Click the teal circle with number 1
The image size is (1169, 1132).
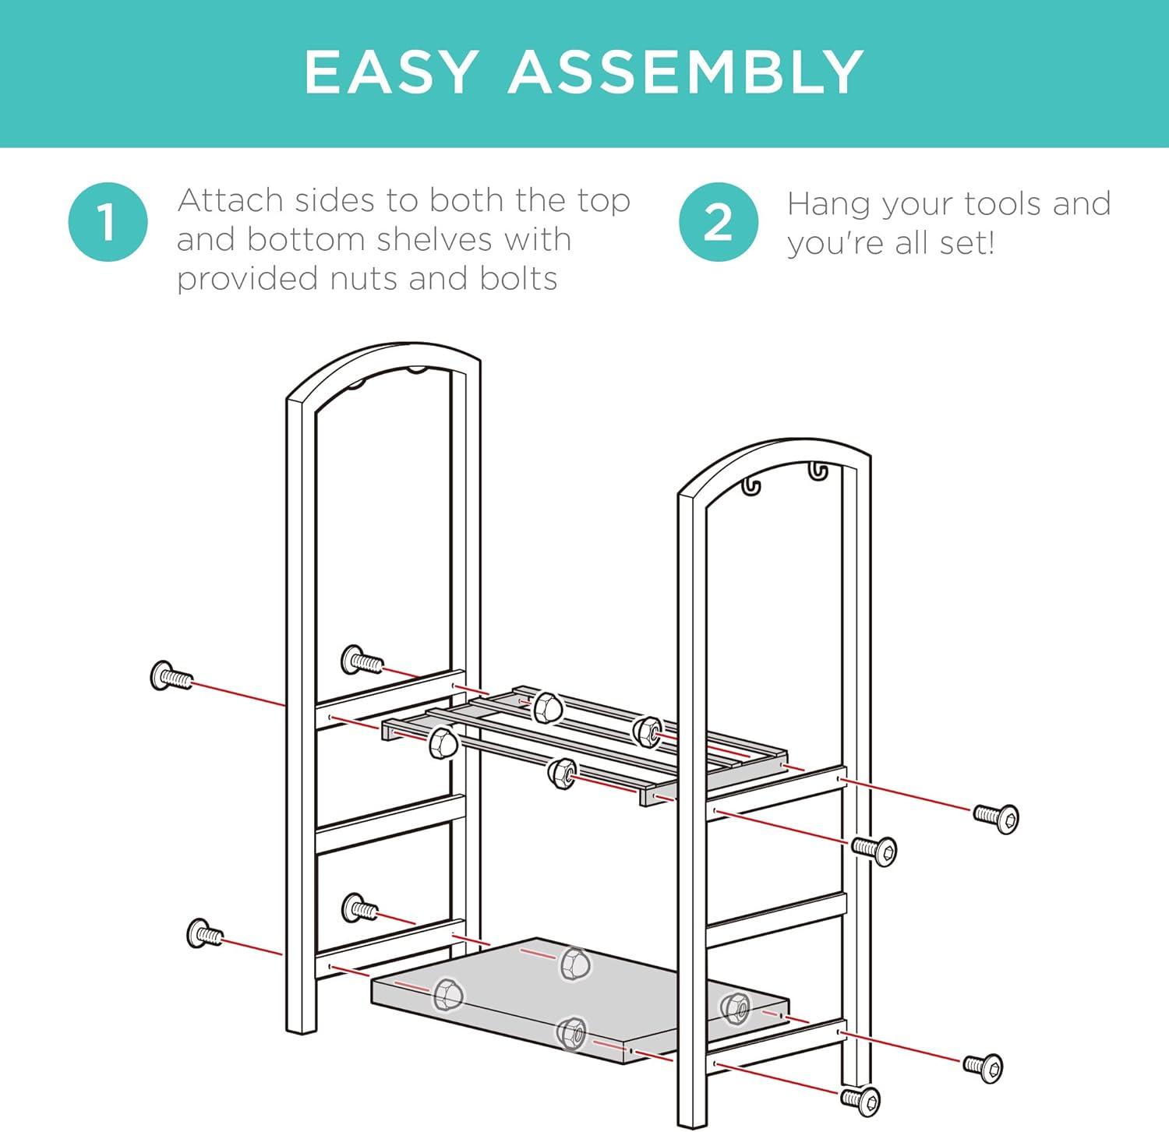[x=108, y=222]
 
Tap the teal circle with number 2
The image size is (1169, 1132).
[x=718, y=222]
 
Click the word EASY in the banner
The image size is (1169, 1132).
[x=390, y=72]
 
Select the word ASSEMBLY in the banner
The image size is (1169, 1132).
[x=686, y=72]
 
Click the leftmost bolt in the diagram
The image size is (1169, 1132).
[x=170, y=676]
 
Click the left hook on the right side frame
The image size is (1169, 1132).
[x=750, y=486]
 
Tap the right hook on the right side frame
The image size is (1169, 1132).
[x=816, y=472]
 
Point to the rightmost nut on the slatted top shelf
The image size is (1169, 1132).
[x=647, y=731]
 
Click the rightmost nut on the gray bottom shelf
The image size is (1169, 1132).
[x=734, y=1008]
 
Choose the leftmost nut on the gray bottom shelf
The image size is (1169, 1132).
[x=448, y=995]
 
